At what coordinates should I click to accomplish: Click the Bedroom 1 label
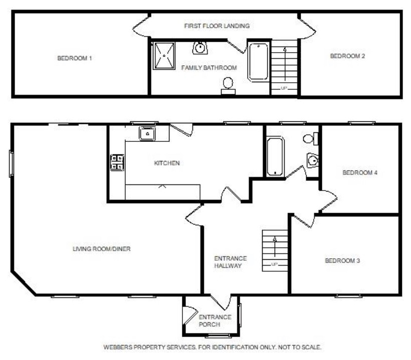coord(75,58)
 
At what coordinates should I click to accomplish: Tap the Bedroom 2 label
coord(347,56)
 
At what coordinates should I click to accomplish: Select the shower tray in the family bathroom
coord(164,56)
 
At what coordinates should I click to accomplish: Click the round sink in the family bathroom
coord(200,48)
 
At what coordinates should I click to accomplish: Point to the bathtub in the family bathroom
coord(259,62)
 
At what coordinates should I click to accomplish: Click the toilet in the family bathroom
coord(228,84)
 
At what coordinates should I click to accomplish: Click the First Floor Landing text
coord(217,26)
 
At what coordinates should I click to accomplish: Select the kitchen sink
coord(147,134)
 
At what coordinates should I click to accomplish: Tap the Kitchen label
coord(166,163)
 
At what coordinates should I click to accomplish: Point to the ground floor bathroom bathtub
coord(275,156)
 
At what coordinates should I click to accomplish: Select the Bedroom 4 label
coord(359,173)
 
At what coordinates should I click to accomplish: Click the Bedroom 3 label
coord(342,261)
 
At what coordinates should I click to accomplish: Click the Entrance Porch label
coord(215,320)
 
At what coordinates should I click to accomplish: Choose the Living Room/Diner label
coord(102,249)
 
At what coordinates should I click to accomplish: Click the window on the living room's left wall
coord(11,163)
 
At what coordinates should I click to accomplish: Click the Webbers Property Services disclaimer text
coord(212,347)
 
